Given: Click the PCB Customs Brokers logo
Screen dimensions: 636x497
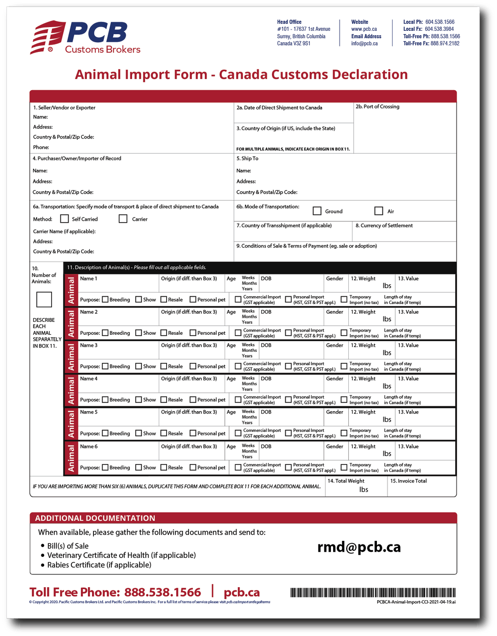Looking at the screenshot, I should pos(86,37).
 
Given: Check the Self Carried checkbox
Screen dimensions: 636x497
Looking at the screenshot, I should pos(64,219).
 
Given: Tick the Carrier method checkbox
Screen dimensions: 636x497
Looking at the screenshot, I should pos(123,219).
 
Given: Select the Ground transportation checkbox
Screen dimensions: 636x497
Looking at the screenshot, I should pos(317,211).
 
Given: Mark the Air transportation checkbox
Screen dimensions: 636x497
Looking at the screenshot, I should pos(379,211).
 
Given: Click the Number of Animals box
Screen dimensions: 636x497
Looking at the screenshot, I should pos(44,299).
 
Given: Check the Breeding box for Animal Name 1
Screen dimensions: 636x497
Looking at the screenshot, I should pos(105,299).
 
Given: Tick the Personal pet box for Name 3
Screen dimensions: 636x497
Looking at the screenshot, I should pos(193,367).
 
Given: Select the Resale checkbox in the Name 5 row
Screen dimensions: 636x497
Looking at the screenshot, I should pos(164,433).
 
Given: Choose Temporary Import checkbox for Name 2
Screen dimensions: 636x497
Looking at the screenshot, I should pos(344,332).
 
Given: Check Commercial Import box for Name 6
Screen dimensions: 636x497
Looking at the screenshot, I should pos(238,467).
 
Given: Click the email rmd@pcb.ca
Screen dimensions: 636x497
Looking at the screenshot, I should pos(359,547).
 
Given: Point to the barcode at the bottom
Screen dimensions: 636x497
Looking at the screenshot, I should pos(373,592).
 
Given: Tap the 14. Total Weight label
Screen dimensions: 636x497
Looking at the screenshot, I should pos(346,481).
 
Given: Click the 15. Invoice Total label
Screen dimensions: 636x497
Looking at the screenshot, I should pos(409,481).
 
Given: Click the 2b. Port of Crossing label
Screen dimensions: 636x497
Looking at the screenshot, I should pos(377,107).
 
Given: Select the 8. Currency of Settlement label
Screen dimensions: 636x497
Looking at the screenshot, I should pos(384,226).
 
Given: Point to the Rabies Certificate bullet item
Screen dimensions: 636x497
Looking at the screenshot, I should pos(99,565).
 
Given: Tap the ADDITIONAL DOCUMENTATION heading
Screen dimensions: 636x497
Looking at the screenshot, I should pos(95,518).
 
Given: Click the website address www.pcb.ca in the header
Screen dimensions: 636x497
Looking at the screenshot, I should pos(364,29).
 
